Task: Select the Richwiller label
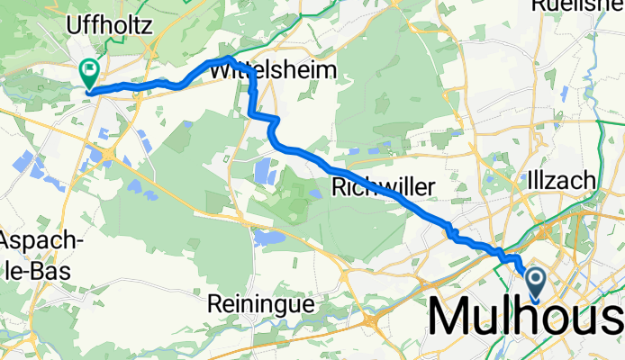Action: [384, 187]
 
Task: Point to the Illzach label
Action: [564, 180]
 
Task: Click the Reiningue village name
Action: [262, 304]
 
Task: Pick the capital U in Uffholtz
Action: [75, 26]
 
